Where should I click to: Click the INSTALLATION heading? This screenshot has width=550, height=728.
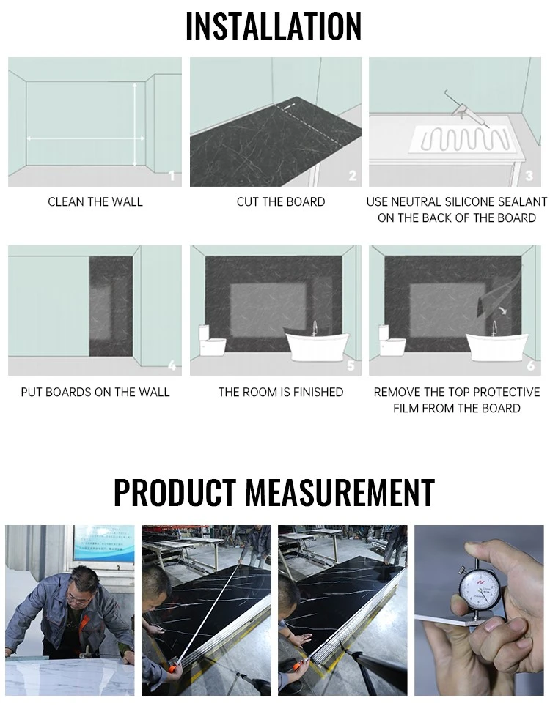274,26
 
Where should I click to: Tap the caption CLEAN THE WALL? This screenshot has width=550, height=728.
95,202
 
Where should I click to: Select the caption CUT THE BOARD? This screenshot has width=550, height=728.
281,202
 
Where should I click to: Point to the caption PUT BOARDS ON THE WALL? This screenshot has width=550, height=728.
95,393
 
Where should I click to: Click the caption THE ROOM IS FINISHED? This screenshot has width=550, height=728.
281,393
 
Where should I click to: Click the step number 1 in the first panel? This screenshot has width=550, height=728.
172,176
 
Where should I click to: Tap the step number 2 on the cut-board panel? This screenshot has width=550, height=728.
353,176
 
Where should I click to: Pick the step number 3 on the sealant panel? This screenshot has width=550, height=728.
529,176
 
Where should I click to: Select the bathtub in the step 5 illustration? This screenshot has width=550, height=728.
317,344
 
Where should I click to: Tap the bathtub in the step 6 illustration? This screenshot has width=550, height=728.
496,344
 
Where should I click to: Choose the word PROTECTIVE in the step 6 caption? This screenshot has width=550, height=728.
507,393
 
